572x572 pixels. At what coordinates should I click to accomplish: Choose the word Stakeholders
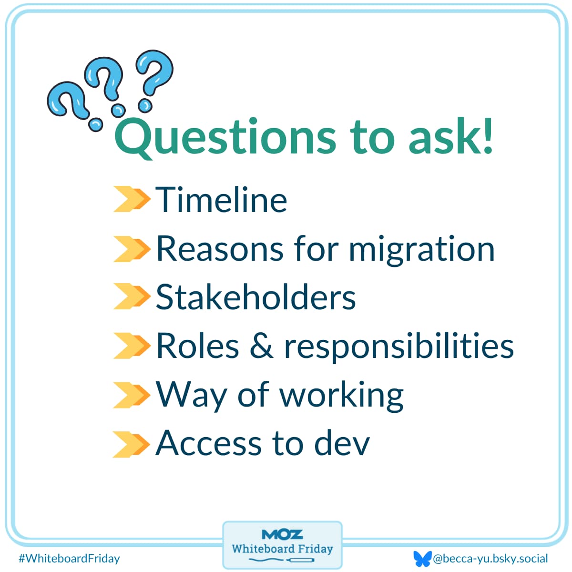256,297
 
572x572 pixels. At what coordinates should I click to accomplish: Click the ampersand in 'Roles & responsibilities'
262,346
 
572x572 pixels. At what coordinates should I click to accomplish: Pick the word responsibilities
399,347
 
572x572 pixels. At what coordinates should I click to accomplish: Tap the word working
341,396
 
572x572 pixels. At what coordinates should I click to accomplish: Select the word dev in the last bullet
342,444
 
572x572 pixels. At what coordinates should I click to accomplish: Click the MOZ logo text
282,534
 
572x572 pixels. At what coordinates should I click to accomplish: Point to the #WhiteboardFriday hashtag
69,558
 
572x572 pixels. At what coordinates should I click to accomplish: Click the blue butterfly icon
422,558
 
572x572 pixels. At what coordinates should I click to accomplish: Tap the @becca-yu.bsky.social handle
490,558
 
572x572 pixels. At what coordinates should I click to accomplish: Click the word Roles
197,346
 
